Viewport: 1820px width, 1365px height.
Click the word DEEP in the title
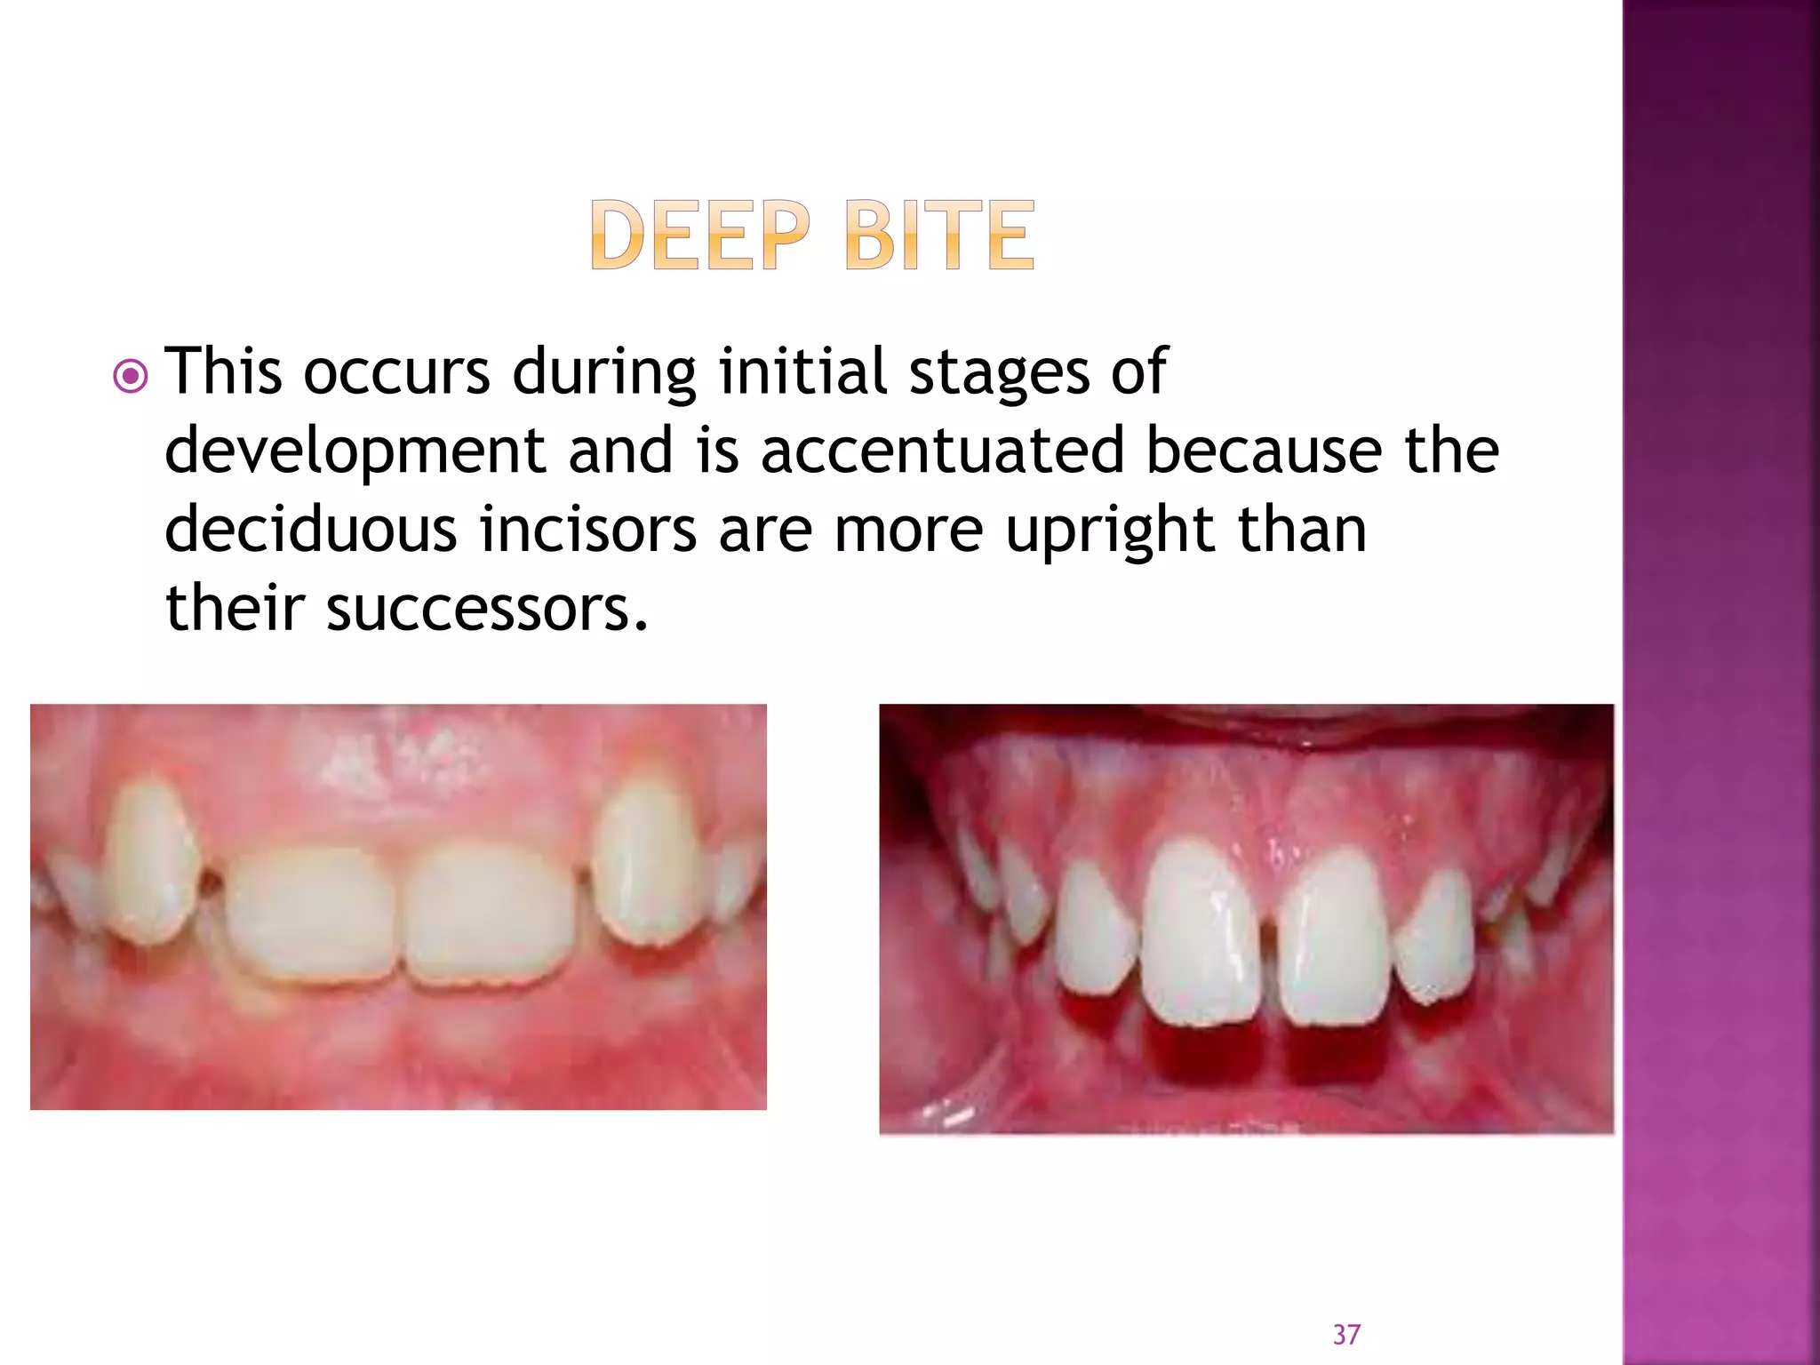(x=700, y=235)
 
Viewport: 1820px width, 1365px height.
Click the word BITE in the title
(x=939, y=235)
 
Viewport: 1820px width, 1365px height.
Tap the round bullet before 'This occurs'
(x=131, y=377)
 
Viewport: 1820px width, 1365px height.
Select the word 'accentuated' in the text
(x=942, y=450)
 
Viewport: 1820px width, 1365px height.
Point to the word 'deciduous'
(x=310, y=530)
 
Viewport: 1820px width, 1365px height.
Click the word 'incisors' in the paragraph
(x=587, y=530)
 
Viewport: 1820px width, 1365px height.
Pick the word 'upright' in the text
(x=1110, y=531)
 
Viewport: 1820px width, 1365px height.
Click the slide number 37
(x=1346, y=1334)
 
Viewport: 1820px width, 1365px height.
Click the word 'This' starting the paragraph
(x=224, y=371)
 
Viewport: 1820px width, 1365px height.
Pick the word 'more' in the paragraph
(x=908, y=531)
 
